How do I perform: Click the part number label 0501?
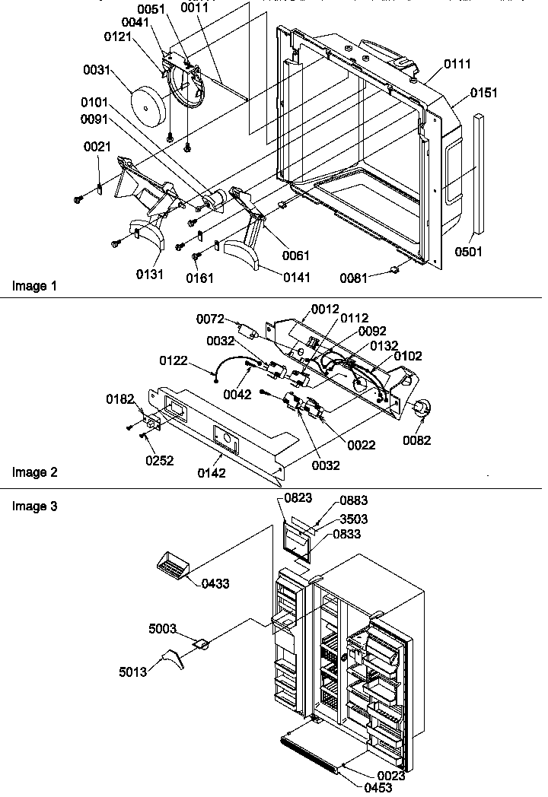coord(470,251)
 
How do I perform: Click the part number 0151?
coord(484,93)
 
